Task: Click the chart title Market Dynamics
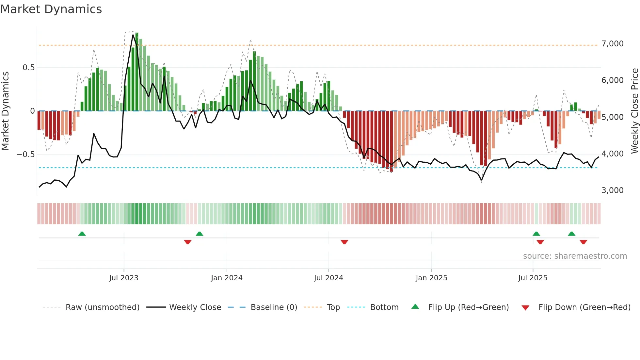[51, 9]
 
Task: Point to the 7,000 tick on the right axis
[612, 44]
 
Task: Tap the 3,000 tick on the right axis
[612, 190]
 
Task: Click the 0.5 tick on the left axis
[28, 68]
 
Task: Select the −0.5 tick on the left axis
[26, 154]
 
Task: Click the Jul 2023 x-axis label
[124, 278]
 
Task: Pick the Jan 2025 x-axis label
[431, 278]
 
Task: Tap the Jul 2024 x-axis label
[328, 278]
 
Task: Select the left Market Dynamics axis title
[5, 111]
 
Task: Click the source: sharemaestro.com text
[575, 256]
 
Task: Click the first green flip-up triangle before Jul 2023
[82, 234]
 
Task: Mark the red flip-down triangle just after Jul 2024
[344, 242]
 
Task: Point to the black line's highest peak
[133, 35]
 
